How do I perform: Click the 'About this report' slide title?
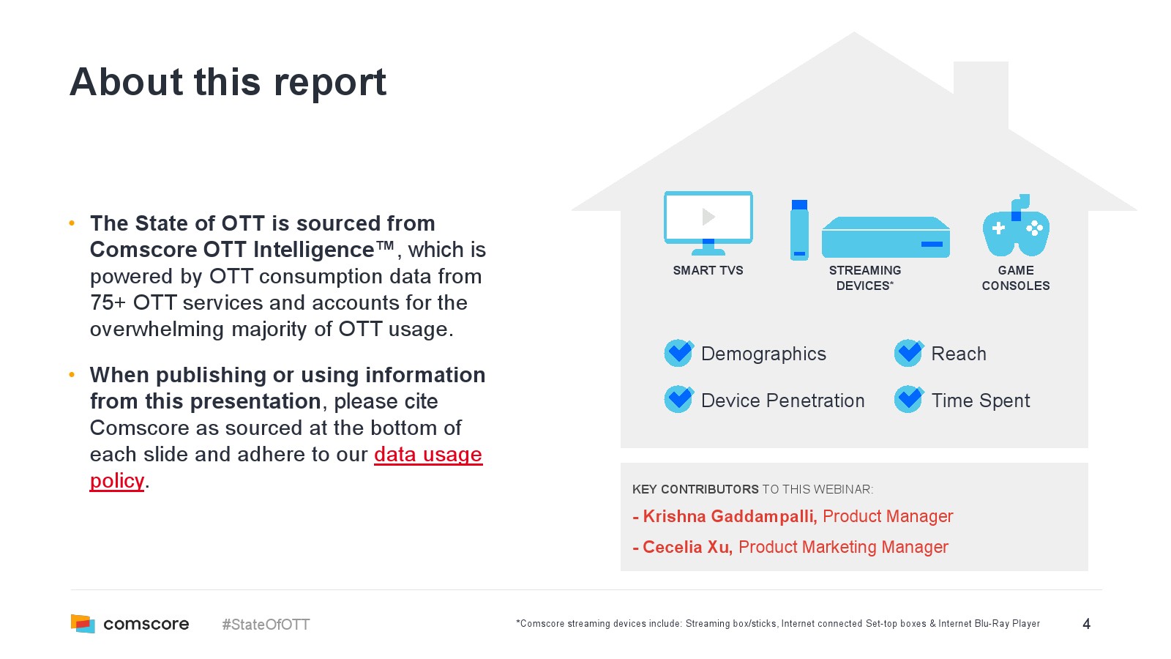tap(228, 82)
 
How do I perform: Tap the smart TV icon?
tap(708, 223)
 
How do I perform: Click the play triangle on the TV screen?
tap(708, 216)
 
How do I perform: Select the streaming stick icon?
tap(799, 230)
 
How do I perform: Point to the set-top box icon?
tap(886, 237)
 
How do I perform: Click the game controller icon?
tap(1016, 226)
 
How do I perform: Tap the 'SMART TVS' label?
tap(708, 270)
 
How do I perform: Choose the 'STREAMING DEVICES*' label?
tap(865, 278)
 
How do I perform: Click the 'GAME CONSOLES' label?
tap(1016, 278)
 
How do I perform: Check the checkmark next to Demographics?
tap(678, 353)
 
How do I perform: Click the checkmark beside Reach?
tap(908, 353)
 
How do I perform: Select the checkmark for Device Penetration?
tap(678, 400)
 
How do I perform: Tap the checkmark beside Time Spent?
tap(908, 400)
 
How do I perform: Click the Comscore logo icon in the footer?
tap(83, 623)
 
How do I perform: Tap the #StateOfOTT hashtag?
tap(266, 625)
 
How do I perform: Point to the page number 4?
tap(1086, 624)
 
